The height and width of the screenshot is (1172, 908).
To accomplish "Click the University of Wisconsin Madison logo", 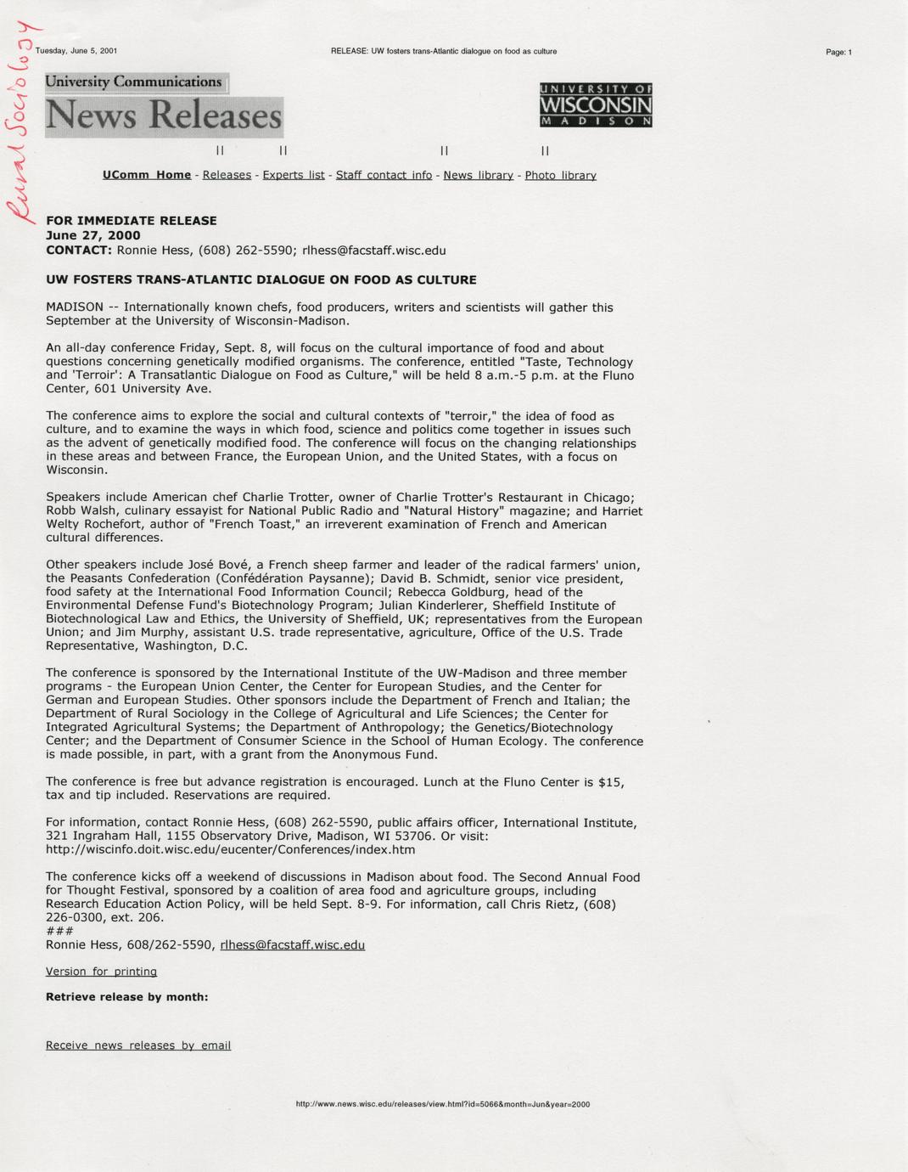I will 596,105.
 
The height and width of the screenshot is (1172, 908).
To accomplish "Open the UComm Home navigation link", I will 147,175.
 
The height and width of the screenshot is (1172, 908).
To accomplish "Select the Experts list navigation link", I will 294,175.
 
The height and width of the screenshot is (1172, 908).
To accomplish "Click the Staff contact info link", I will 384,175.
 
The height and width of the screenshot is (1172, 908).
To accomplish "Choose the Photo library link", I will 560,175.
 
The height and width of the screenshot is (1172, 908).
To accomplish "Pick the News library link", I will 478,175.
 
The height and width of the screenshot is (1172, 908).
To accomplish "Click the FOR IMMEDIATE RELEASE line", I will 132,221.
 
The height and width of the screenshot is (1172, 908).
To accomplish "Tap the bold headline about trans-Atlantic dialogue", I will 261,279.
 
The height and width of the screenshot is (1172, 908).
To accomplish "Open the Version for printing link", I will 101,971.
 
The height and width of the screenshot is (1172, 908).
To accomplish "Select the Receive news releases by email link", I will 138,1045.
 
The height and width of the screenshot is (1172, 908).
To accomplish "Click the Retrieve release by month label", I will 127,997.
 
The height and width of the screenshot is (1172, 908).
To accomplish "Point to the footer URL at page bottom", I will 442,1104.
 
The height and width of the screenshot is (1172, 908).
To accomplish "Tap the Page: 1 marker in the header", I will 838,52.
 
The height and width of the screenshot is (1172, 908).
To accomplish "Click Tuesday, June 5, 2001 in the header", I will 76,51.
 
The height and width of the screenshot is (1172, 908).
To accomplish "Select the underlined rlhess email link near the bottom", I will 293,944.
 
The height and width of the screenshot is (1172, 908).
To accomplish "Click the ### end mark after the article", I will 59,931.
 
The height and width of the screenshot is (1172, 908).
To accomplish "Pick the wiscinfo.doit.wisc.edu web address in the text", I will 231,849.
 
